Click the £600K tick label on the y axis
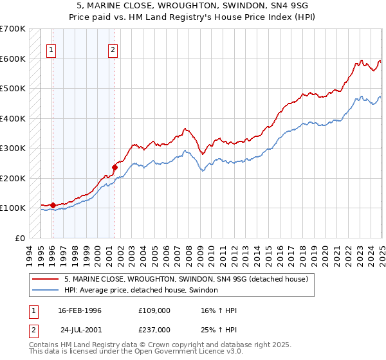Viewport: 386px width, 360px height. click(12, 59)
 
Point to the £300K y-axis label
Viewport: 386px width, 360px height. click(12, 148)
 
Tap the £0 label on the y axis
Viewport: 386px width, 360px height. click(19, 238)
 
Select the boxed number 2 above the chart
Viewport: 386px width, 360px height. click(113, 50)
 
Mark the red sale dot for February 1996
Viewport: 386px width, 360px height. click(53, 205)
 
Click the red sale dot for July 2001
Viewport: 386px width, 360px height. click(115, 167)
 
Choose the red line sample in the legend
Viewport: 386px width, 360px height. click(46, 280)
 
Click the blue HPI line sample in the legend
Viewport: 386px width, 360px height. click(46, 291)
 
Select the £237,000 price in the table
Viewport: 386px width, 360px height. click(154, 329)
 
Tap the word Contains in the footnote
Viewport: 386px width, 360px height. click(43, 346)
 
